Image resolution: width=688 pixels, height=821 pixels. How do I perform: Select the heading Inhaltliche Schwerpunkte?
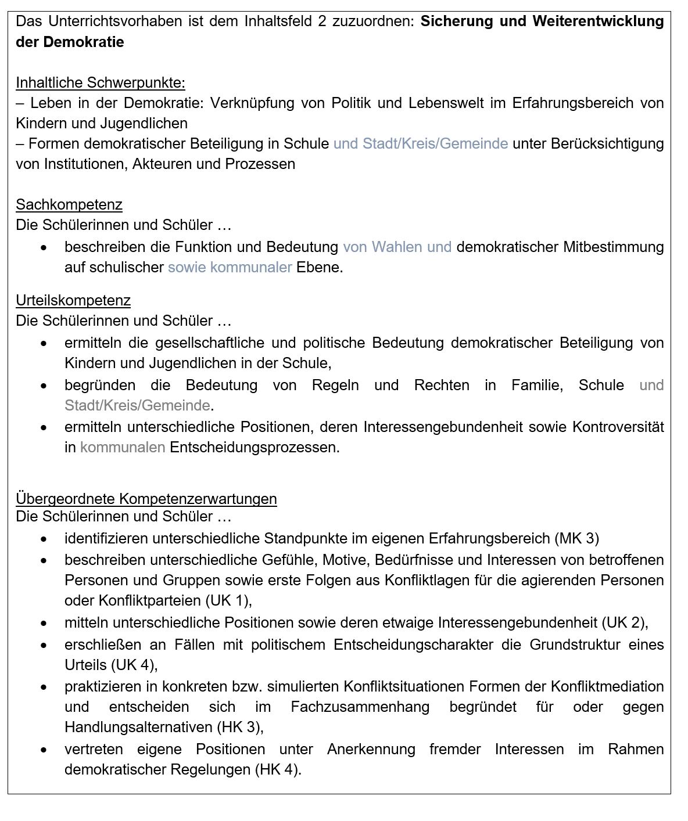(101, 82)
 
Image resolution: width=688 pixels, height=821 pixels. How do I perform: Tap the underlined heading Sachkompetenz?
(69, 204)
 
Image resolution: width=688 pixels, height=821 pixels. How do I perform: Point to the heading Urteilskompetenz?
(73, 300)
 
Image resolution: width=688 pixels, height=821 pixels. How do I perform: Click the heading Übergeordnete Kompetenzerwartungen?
(146, 499)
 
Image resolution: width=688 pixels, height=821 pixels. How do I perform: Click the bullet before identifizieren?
(44, 539)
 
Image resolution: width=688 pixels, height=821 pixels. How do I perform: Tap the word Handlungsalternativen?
(138, 727)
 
